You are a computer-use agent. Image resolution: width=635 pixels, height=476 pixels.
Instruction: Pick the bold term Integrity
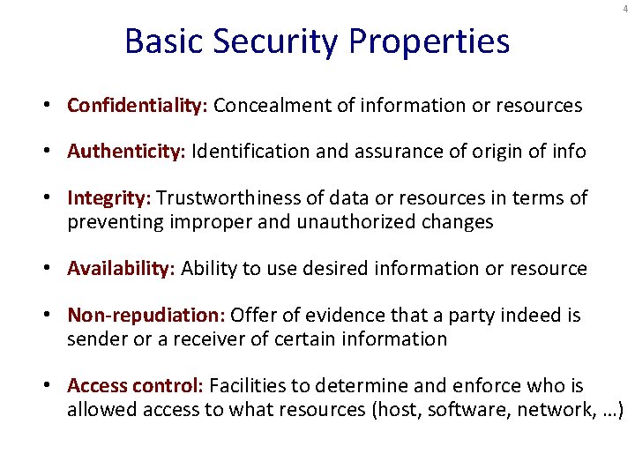point(109,197)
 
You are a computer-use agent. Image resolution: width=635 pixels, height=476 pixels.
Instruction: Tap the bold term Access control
point(135,385)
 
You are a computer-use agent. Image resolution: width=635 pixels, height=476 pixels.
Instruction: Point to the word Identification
point(250,152)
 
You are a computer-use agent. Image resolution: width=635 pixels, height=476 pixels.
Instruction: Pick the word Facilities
point(248,385)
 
